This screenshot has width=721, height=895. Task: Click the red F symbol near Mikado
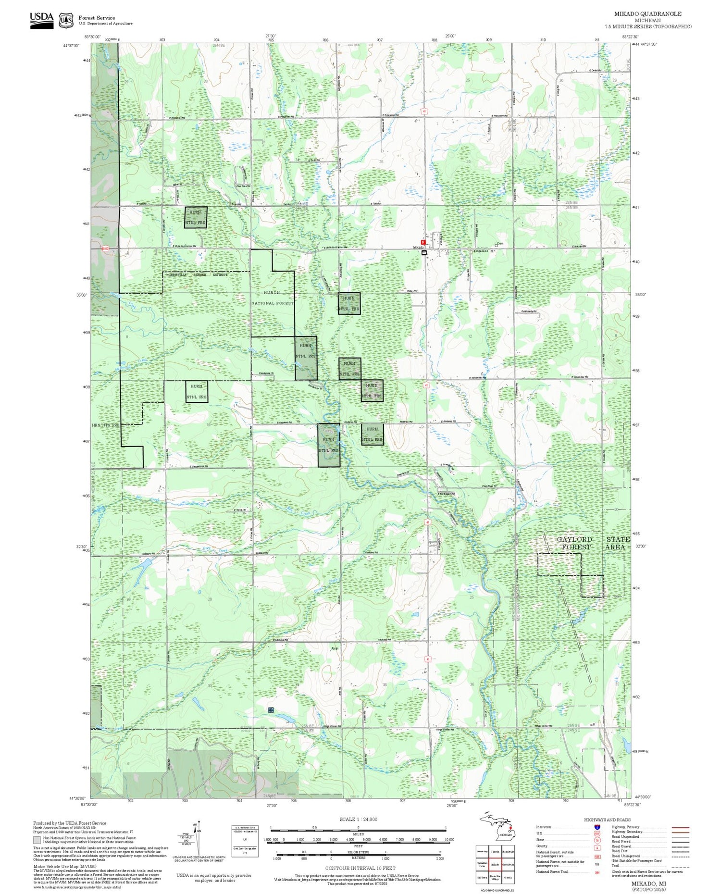423,242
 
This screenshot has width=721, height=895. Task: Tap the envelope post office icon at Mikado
424,252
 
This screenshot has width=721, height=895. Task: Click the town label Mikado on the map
417,248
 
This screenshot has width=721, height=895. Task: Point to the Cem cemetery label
501,243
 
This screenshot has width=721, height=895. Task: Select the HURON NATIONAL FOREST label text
272,298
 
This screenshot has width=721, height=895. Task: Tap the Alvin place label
335,648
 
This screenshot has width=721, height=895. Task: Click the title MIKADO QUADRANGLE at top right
647,13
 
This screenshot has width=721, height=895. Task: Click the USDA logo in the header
42,20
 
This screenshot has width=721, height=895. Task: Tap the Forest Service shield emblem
66,20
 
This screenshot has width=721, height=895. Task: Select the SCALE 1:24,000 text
358,819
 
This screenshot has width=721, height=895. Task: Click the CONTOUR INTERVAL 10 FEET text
360,868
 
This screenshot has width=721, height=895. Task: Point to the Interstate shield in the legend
597,827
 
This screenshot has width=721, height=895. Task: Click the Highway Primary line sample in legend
679,827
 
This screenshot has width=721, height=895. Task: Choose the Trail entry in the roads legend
616,866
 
